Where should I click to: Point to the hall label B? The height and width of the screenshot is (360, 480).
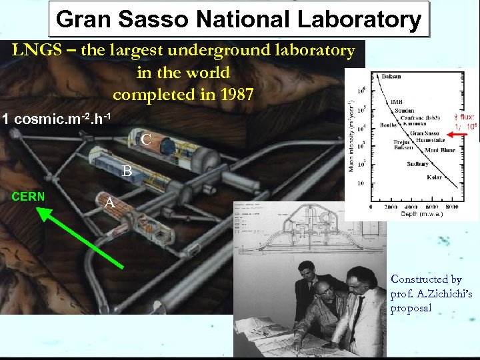(127, 171)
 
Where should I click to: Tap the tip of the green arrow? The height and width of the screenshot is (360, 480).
(39, 210)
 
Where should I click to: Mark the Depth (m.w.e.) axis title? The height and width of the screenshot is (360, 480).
(420, 214)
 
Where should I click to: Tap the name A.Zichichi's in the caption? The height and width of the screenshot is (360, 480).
(424, 294)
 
